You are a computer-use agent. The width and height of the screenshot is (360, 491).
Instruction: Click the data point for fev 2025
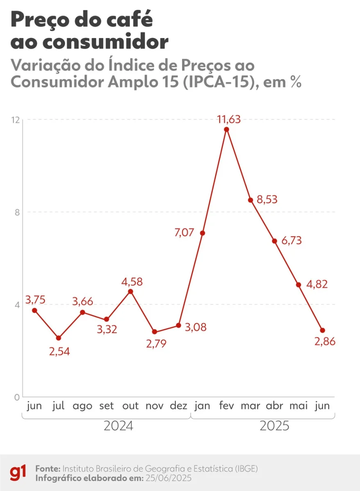coord(226,129)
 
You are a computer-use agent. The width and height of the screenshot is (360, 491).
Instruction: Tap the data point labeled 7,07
coord(202,233)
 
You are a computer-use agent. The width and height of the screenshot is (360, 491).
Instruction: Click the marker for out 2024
coord(130,291)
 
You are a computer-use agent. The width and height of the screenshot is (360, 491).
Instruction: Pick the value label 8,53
coord(267,200)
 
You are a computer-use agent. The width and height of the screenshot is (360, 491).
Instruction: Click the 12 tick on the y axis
coord(16,120)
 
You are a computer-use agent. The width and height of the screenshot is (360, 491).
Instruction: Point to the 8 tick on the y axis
coord(18,212)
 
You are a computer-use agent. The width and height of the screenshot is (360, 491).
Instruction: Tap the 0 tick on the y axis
coord(18,397)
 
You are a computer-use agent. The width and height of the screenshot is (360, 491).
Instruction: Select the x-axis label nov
coord(154,406)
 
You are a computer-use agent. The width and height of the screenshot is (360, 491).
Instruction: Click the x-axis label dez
coord(178,406)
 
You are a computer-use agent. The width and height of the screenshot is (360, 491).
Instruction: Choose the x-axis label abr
coord(274,406)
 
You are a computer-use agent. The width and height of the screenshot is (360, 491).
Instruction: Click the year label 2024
coord(118,426)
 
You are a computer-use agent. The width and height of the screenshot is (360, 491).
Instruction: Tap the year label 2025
coord(274,426)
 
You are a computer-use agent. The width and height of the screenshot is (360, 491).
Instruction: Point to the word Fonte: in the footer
coord(48,468)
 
